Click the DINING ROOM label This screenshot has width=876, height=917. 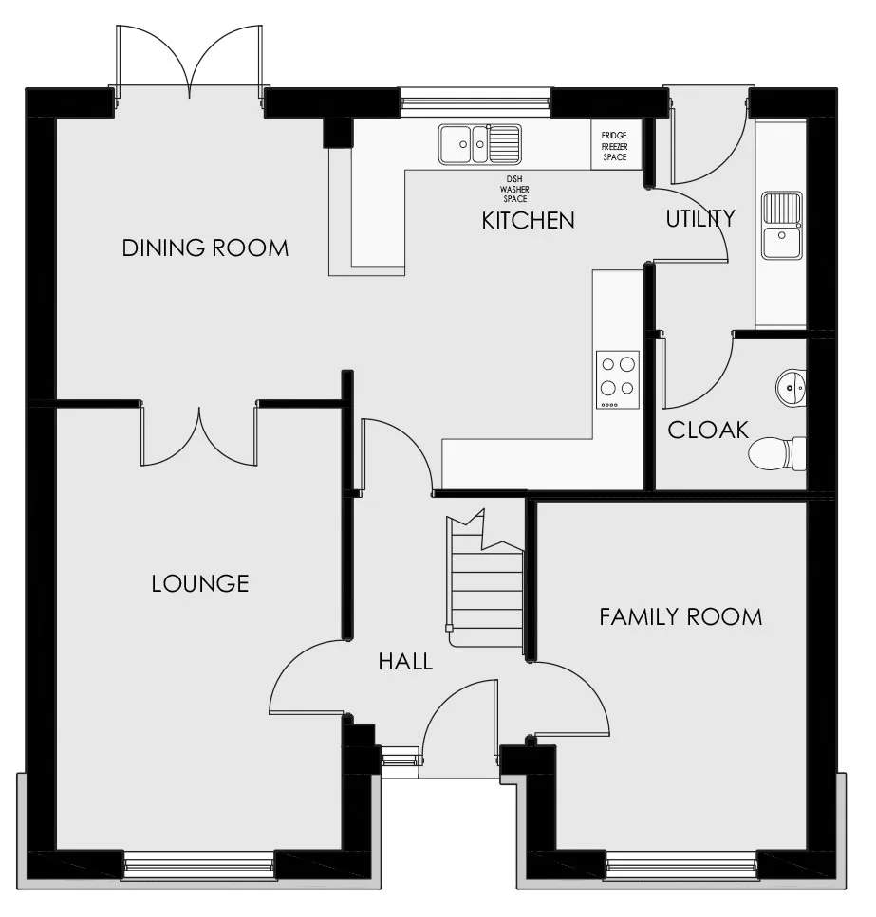point(205,248)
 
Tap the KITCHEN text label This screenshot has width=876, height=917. point(528,220)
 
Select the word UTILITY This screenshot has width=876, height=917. point(700,218)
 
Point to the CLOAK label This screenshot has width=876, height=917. point(708,430)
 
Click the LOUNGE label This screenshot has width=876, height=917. point(200,583)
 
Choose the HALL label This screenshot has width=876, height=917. point(405,661)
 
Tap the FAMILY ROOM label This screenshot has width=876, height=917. point(680,617)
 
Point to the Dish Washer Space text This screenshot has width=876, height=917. point(515,189)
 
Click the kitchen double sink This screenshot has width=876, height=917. point(480,144)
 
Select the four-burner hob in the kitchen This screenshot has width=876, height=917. point(617,380)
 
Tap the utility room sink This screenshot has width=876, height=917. point(782,225)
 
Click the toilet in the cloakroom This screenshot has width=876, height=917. point(777,453)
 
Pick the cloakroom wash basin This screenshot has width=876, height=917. point(791,387)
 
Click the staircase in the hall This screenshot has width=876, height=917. point(485,579)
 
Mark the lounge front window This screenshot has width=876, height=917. point(199,864)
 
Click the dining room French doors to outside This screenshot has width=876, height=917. point(189,64)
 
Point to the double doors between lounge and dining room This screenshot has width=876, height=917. point(199,435)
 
